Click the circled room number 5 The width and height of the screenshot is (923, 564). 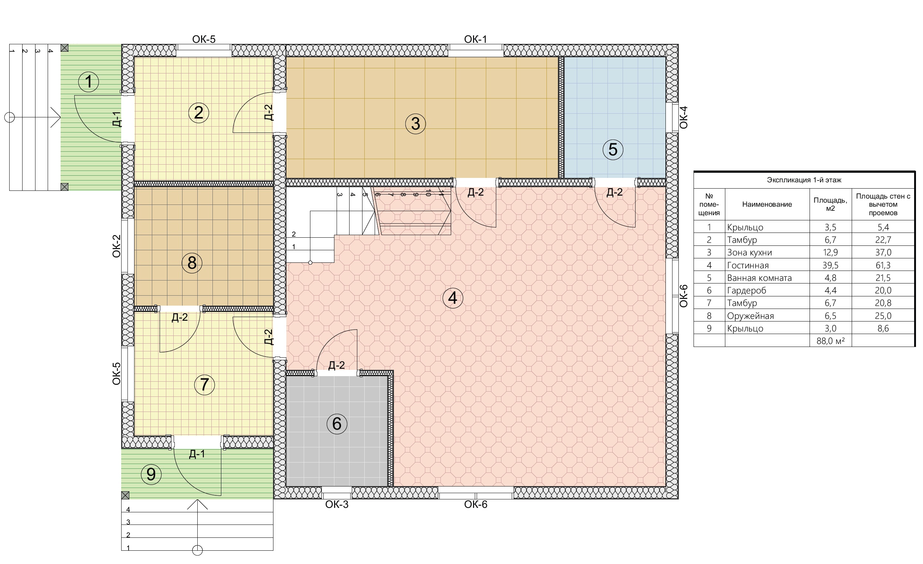(613, 150)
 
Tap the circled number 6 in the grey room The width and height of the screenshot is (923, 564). (337, 424)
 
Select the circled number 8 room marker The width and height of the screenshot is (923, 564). (192, 262)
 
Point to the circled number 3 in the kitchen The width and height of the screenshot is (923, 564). (415, 124)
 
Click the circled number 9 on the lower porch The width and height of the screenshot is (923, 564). (151, 474)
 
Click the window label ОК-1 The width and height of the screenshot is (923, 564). (476, 39)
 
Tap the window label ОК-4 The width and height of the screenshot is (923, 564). (684, 117)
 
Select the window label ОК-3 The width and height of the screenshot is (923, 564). (337, 505)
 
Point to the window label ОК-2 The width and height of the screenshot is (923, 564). (116, 246)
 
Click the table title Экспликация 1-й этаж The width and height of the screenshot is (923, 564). (804, 180)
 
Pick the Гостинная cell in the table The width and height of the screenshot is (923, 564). (748, 265)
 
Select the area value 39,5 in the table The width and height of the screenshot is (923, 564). (830, 265)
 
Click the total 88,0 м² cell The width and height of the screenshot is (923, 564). (830, 341)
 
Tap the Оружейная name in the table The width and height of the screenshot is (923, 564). (750, 316)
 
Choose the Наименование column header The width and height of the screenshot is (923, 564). (767, 204)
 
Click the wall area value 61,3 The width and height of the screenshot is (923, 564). (883, 265)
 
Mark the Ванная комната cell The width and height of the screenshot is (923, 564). (759, 278)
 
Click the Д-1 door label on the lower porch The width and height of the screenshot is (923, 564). (197, 454)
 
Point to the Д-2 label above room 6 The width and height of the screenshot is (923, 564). (336, 365)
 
